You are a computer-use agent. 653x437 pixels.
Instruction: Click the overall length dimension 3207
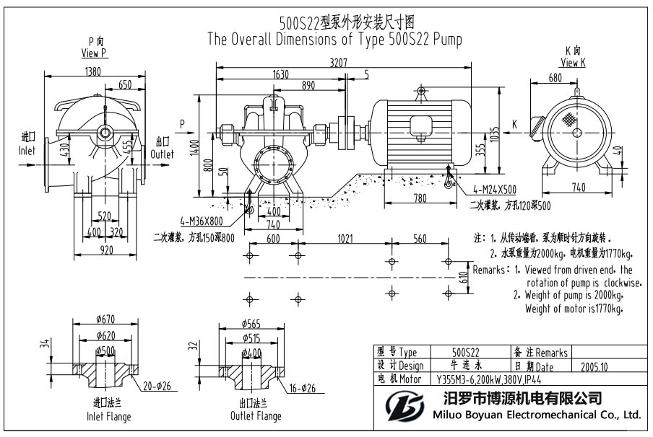click(x=337, y=63)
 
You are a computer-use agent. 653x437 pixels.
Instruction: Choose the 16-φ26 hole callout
click(x=303, y=387)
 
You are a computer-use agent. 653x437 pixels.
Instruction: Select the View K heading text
click(x=573, y=63)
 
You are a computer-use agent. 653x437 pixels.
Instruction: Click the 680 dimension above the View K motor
click(x=555, y=78)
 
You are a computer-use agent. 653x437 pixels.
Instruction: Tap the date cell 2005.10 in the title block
click(x=594, y=366)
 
